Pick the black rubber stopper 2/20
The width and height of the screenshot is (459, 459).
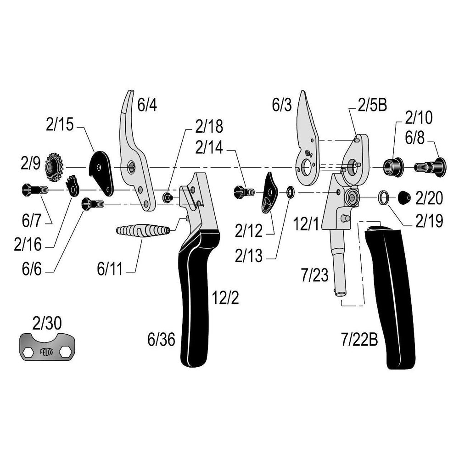tap(403, 197)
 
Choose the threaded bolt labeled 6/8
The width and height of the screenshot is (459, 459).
tap(430, 166)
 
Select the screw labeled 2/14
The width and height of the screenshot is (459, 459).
tap(244, 191)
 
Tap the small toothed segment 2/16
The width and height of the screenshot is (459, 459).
tap(72, 185)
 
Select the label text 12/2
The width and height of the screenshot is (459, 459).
tap(225, 298)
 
